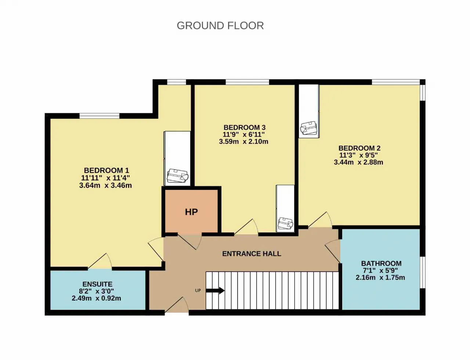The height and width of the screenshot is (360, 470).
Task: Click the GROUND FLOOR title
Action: coord(220,26)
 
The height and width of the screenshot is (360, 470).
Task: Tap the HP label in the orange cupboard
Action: coord(191,212)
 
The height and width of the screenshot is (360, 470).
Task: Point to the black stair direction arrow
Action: coord(215,291)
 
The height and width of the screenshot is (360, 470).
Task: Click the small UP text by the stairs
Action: coord(198,291)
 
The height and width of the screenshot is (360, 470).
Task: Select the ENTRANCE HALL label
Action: coord(252,253)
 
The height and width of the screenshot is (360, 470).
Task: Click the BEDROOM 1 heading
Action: coord(106,170)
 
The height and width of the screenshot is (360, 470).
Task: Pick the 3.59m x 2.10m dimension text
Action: coord(244,141)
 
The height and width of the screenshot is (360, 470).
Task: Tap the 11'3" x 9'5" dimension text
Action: coord(359,155)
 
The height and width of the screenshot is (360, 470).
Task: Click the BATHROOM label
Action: coord(381,263)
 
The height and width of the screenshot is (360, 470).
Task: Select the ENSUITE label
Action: coord(97,284)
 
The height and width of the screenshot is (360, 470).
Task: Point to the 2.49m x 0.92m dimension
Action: coord(97,298)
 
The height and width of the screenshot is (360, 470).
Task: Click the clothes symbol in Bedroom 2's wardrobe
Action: coord(309,128)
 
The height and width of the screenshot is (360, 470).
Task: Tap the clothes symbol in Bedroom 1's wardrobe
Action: coord(178,176)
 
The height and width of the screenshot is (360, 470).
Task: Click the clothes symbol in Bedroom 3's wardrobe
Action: coord(286,223)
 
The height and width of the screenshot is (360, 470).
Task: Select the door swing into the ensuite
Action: coord(100,261)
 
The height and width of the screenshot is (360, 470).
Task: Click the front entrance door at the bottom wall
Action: coord(177,305)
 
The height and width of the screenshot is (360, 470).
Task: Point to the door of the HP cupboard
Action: coord(190,241)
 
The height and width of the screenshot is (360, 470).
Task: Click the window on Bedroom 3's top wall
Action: coord(247,82)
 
